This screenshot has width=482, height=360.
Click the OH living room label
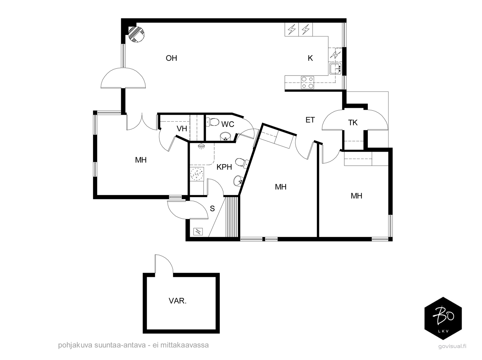[x=171, y=58]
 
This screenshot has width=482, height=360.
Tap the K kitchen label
[x=310, y=58]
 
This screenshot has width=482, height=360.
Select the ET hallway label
[x=310, y=120]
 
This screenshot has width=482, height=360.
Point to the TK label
[x=353, y=123]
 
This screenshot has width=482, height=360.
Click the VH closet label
[x=182, y=129]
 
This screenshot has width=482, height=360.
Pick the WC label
[x=228, y=124]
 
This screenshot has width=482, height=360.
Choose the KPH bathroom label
[x=224, y=167]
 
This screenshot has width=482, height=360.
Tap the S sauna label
[x=212, y=208]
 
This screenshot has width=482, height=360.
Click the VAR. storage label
[x=177, y=301]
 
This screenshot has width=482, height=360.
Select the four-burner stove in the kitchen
[x=307, y=82]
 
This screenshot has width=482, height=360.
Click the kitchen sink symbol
[x=335, y=68]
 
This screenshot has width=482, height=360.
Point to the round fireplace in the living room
[x=136, y=34]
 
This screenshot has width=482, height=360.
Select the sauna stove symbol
[x=198, y=232]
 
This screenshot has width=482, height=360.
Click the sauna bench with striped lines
[x=232, y=217]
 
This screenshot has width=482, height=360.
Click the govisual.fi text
[x=452, y=346]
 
